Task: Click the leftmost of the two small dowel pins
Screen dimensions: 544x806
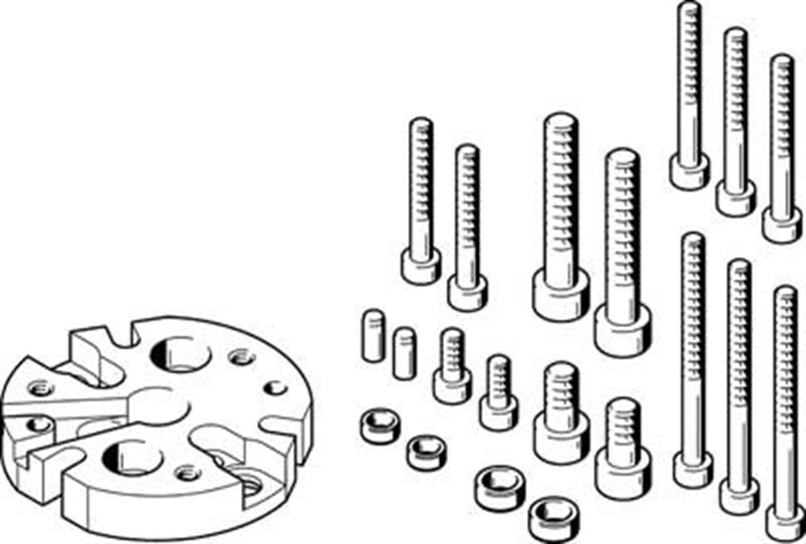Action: point(372,335)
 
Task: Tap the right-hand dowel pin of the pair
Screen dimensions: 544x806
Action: point(404,353)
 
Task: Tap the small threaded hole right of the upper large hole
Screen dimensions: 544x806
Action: point(239,356)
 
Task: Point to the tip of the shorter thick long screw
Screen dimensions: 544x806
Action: point(622,160)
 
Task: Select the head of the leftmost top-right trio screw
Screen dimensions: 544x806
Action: point(689,172)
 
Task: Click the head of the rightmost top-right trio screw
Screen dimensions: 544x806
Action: point(782,225)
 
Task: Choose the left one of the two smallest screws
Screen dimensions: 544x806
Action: point(452,385)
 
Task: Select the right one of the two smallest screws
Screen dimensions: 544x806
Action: point(498,411)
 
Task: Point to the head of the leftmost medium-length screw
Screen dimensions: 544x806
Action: point(421,265)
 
